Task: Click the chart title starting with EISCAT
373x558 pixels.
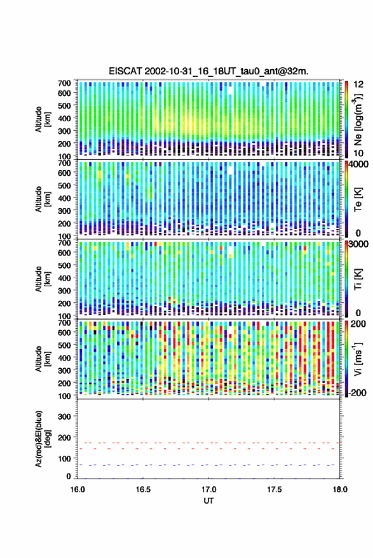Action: click(208, 71)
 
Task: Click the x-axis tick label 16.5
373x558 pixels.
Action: click(143, 489)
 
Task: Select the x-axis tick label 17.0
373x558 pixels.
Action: click(209, 489)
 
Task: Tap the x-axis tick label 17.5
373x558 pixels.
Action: click(274, 489)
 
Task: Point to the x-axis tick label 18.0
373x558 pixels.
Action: click(339, 489)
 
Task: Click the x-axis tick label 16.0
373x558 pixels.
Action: click(78, 489)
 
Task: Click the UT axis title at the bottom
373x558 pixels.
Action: click(208, 501)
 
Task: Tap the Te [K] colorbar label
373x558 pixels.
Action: click(358, 199)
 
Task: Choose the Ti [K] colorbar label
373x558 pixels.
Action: click(358, 279)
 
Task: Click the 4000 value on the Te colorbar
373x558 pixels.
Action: click(359, 165)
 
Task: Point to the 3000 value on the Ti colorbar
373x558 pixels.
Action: click(359, 244)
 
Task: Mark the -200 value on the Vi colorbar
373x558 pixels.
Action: click(356, 393)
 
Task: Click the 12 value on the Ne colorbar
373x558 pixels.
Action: click(359, 84)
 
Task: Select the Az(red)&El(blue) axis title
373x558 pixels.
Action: click(43, 439)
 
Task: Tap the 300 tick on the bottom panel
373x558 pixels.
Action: click(64, 416)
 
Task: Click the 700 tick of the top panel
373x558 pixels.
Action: click(64, 83)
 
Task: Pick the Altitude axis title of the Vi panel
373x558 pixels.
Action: click(43, 359)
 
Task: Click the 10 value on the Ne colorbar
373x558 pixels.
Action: click(359, 154)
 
